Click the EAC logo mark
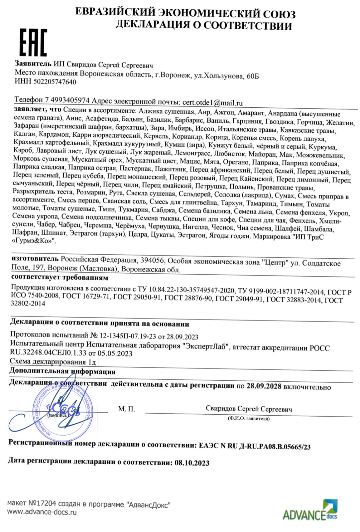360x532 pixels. click(x=33, y=43)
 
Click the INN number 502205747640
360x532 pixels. click(x=55, y=82)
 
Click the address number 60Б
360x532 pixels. click(x=252, y=76)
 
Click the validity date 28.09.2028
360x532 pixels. click(x=264, y=386)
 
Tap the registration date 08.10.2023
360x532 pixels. click(x=192, y=463)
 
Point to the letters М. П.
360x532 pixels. click(x=126, y=409)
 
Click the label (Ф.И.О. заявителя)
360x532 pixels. click(x=249, y=419)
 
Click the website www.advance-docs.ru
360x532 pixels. click(x=42, y=512)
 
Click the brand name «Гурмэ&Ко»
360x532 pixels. click(x=33, y=241)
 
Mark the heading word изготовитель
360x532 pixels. click(x=35, y=258)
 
